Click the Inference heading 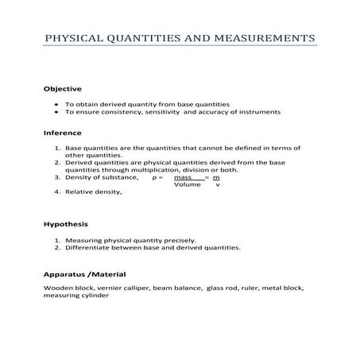(63, 133)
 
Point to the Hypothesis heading (66, 224)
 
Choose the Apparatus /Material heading (84, 275)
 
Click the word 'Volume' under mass (187, 184)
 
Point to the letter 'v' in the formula (218, 184)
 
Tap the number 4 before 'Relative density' (56, 192)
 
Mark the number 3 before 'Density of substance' (56, 177)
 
